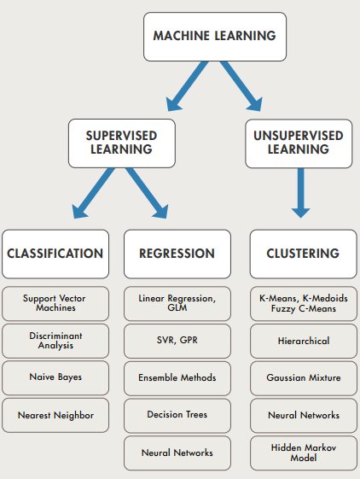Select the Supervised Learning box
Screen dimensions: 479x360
[x=119, y=142]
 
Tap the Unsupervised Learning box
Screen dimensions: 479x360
[x=298, y=142]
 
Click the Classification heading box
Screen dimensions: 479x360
[x=55, y=253]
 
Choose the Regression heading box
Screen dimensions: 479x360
[x=177, y=253]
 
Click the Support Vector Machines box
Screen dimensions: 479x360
[x=55, y=303]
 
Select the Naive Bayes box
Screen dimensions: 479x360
[x=55, y=377]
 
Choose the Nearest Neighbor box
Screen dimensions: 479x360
[x=55, y=414]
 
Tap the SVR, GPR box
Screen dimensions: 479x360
[x=177, y=340]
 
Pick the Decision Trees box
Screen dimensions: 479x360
[x=177, y=414]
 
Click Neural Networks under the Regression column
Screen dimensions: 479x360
[x=177, y=452]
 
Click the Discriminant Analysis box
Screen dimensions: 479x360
[x=55, y=340]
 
